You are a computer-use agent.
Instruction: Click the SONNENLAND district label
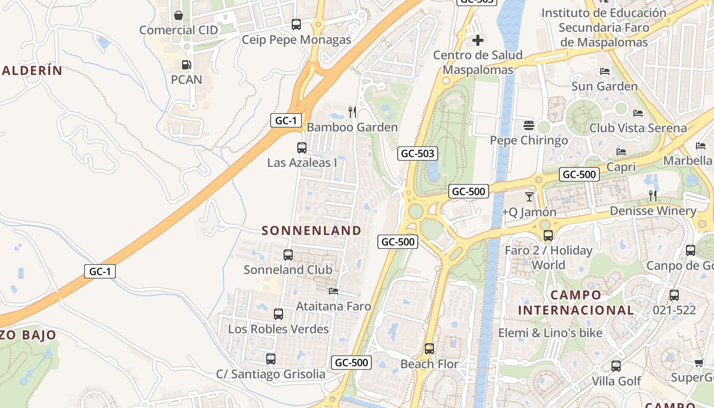[x=311, y=231]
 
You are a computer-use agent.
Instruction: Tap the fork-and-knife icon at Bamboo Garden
[x=352, y=112]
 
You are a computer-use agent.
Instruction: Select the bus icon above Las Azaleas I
[x=302, y=148]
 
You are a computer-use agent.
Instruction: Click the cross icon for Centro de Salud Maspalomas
[x=478, y=40]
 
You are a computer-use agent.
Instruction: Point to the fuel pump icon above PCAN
[x=187, y=65]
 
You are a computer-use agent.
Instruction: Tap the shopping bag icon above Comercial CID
[x=178, y=15]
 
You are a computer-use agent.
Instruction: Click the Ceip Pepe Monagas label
[x=296, y=40]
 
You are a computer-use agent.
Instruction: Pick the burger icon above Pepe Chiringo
[x=528, y=125]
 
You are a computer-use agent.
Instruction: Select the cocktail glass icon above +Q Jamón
[x=529, y=196]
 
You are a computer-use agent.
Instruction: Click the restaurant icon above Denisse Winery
[x=653, y=195]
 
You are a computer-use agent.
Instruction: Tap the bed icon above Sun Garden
[x=605, y=71]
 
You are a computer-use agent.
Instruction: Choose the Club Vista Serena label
[x=638, y=128]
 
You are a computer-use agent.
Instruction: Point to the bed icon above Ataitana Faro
[x=334, y=291]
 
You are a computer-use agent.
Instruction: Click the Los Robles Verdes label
[x=278, y=329]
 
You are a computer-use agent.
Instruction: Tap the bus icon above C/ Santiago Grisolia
[x=271, y=359]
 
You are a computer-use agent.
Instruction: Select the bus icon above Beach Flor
[x=429, y=349]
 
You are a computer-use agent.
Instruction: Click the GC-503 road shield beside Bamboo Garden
[x=418, y=153]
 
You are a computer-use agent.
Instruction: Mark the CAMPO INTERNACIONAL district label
[x=576, y=302]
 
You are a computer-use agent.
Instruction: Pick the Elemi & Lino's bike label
[x=550, y=333]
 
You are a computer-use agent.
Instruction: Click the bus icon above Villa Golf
[x=616, y=366]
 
